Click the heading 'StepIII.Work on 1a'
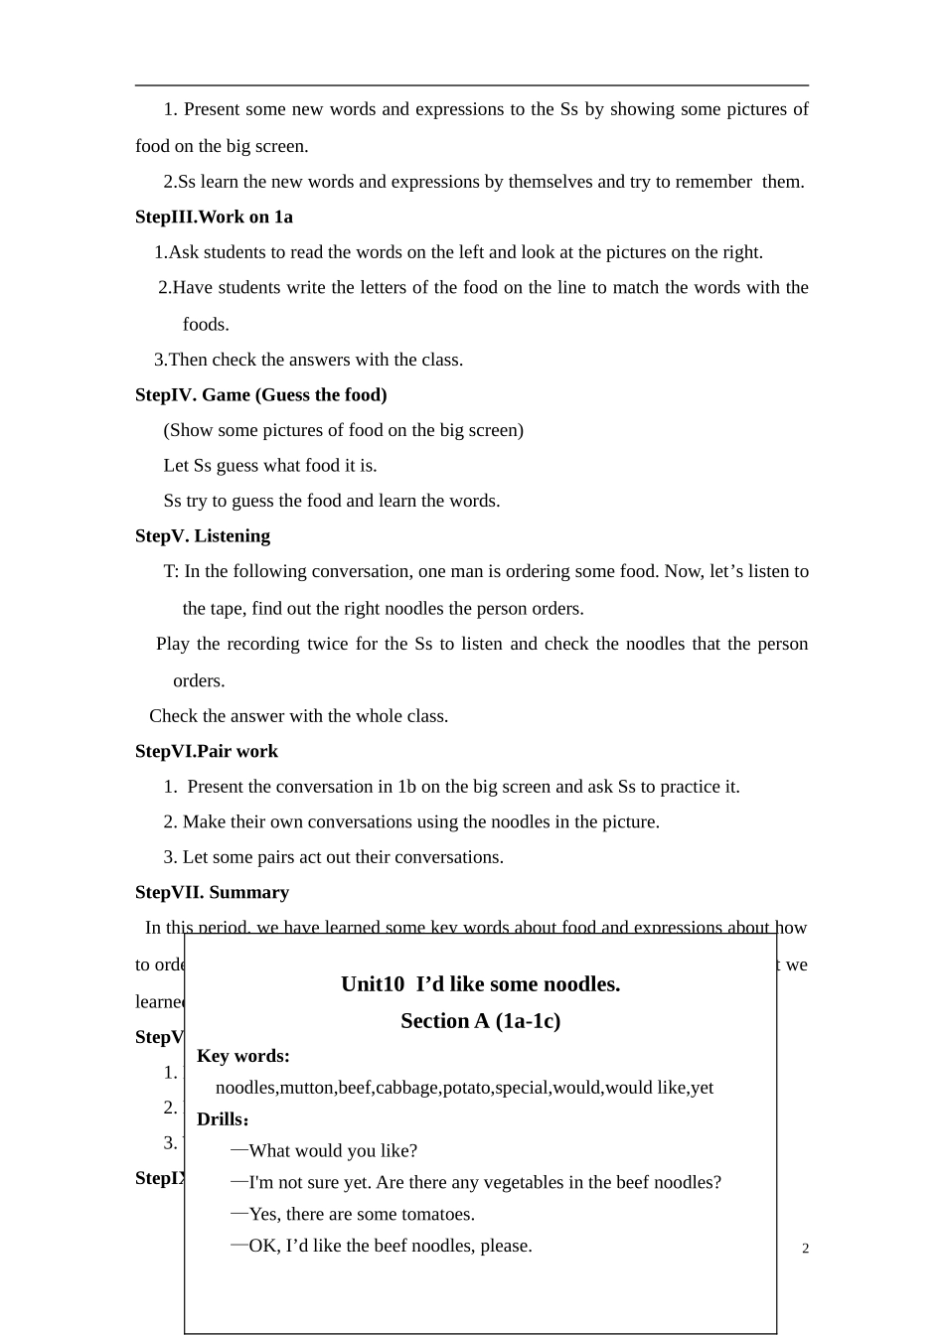[214, 217]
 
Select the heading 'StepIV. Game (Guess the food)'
[260, 394]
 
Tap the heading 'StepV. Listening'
[202, 535]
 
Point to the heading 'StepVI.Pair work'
[206, 751]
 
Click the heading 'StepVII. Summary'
[212, 892]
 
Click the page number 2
[805, 1249]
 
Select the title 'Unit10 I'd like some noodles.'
[480, 983]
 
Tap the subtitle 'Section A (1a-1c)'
[480, 1020]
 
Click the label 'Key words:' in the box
[242, 1055]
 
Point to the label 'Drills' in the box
[220, 1118]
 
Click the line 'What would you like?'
[332, 1150]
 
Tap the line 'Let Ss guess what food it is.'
[269, 465]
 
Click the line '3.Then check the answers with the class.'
[308, 360]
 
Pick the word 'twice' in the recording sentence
[327, 644]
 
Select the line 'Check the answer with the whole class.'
[298, 715]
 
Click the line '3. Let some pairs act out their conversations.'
[333, 856]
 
